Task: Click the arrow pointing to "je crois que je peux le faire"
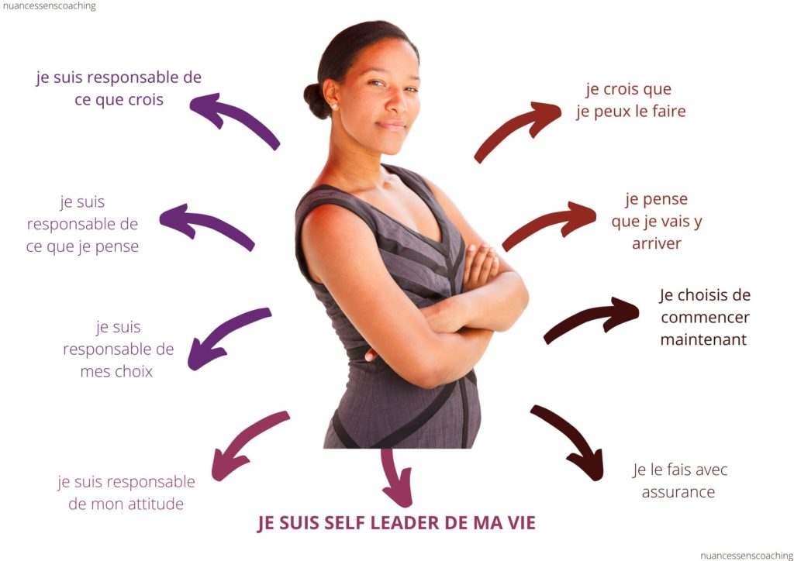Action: coord(516,130)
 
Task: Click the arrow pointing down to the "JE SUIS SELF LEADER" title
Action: coord(396,477)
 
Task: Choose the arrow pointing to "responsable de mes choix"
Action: coord(229,338)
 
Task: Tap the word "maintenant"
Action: coord(703,339)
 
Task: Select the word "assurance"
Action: coord(678,492)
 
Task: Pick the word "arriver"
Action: coord(656,244)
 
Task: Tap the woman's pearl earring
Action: coord(334,106)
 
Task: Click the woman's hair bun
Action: coord(316,100)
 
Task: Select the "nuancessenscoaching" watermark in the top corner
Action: coord(49,6)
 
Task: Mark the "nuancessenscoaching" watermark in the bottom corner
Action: coord(747,556)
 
